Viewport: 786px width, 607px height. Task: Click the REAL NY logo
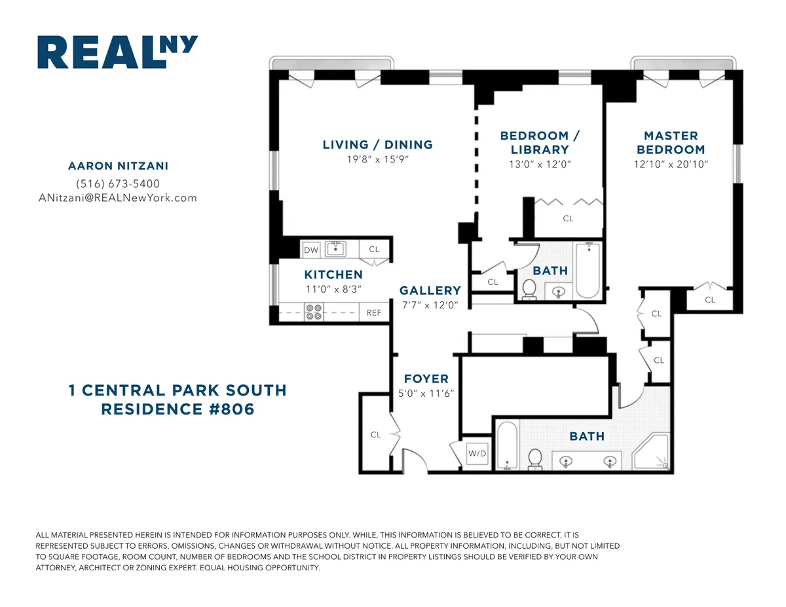(117, 52)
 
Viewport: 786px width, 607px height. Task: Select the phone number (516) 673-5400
(118, 184)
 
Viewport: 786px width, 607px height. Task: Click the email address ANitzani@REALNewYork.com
(118, 198)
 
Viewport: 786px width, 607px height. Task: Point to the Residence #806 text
(177, 409)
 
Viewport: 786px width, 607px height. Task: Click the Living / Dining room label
(377, 145)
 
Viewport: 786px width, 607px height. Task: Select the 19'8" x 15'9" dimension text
(377, 160)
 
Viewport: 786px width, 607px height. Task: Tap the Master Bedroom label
(671, 142)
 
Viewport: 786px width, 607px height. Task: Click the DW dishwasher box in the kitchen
(310, 249)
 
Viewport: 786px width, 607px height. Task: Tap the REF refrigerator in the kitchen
(374, 313)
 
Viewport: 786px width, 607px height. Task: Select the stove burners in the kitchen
(314, 312)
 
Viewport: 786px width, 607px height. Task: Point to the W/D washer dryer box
(476, 454)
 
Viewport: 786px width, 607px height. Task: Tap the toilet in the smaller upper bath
(530, 289)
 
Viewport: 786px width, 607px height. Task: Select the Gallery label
(430, 290)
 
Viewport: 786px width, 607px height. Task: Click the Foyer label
(426, 378)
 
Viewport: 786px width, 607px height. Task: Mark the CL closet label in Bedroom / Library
(568, 219)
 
